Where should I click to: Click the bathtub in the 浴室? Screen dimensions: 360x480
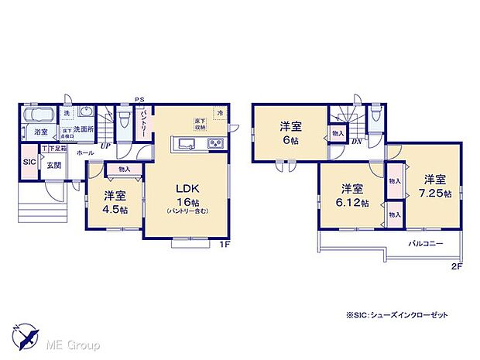37,116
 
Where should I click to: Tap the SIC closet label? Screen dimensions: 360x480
29,162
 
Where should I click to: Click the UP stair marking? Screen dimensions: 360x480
105,145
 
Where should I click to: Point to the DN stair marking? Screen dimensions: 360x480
357,142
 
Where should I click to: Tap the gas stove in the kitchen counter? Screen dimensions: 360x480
214,143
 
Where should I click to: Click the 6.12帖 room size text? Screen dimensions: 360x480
352,202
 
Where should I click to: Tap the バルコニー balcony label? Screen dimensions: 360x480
427,242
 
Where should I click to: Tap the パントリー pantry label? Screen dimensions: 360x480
145,122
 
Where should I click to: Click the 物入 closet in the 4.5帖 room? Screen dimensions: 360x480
125,169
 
